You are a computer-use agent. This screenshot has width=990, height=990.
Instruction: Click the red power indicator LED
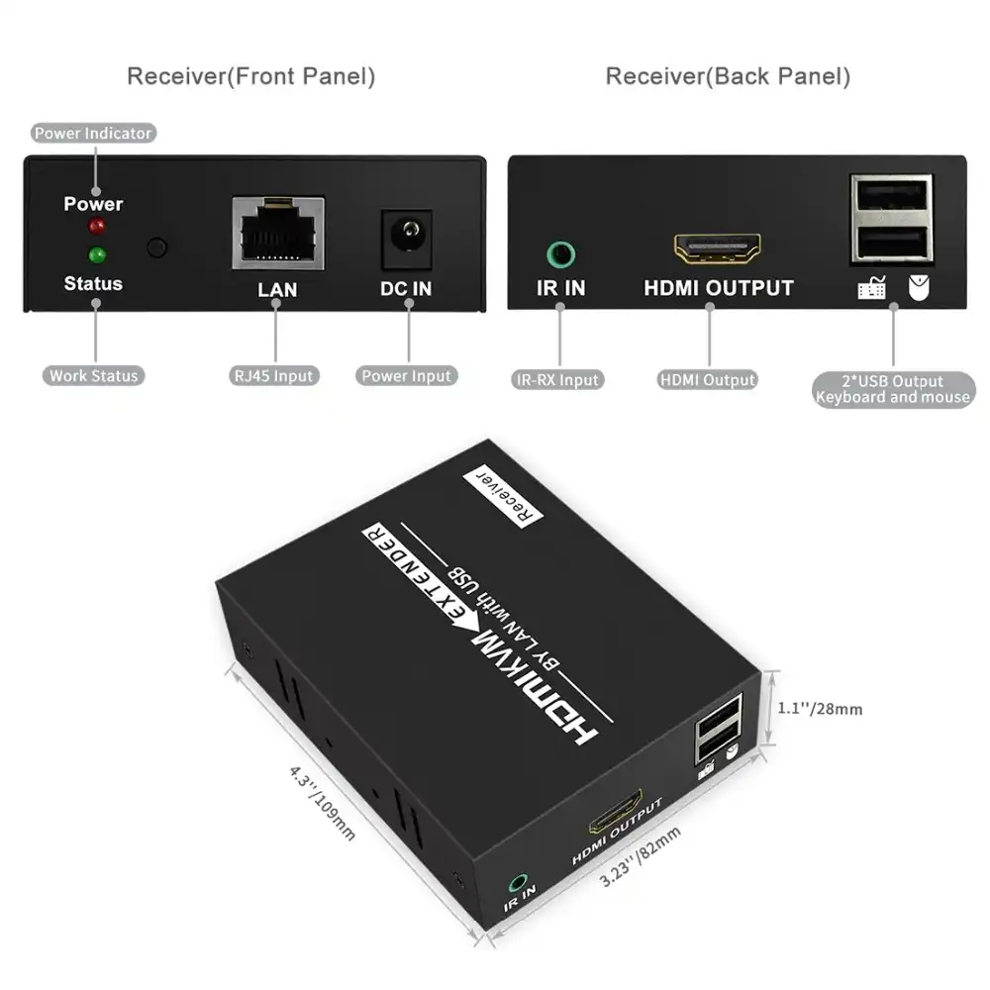tap(97, 228)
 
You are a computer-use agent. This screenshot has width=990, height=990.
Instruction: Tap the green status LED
tap(97, 255)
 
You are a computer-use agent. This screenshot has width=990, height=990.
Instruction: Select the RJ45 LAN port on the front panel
tap(278, 233)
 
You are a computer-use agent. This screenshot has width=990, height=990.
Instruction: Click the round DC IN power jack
tap(407, 238)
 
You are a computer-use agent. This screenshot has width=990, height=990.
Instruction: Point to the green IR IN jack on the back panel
tap(560, 254)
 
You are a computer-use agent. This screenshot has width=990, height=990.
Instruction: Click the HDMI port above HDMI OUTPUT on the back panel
tap(718, 248)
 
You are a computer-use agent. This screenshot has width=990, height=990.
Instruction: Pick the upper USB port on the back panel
tap(891, 200)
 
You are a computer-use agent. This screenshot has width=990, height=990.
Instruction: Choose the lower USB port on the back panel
tap(891, 242)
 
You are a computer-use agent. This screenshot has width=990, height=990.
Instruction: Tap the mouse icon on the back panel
tap(918, 288)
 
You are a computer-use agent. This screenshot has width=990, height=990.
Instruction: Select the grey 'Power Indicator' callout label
tap(94, 133)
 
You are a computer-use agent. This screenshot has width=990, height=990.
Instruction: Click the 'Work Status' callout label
tap(94, 375)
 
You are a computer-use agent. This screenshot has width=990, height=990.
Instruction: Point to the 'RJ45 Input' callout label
tap(275, 375)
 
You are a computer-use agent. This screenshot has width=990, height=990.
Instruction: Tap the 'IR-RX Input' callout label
tap(558, 379)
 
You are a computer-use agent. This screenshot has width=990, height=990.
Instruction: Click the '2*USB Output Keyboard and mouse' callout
tap(893, 389)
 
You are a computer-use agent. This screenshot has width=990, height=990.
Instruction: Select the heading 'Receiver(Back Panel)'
tap(728, 76)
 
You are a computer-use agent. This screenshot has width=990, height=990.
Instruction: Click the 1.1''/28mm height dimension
tap(821, 709)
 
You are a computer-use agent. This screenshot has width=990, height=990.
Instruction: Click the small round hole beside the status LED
tap(156, 247)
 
